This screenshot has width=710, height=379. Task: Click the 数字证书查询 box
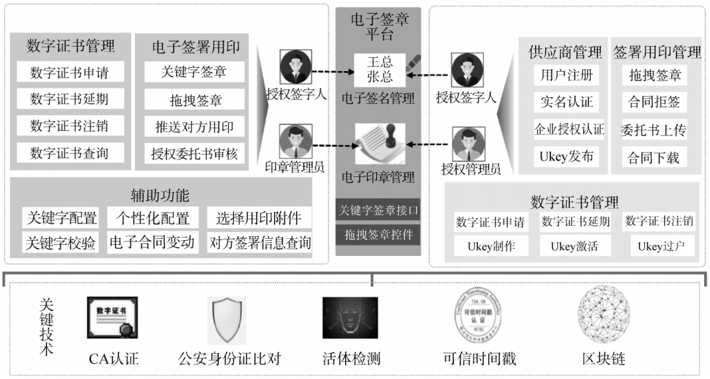pos(69,153)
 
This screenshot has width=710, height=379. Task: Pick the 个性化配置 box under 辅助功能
pos(153,218)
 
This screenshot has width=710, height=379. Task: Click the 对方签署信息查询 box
pos(260,243)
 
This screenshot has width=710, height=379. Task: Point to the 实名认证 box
pos(567,102)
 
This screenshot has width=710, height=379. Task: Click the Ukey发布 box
pos(567,157)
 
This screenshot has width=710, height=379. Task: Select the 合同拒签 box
pos(653,102)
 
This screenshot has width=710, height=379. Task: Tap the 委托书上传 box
pos(653,130)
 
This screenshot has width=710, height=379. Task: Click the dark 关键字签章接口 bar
pos(378,211)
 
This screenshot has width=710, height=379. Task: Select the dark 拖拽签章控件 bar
pos(378,234)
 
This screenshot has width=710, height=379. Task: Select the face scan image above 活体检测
pos(350,318)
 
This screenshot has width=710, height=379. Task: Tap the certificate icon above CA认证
pos(112,318)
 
